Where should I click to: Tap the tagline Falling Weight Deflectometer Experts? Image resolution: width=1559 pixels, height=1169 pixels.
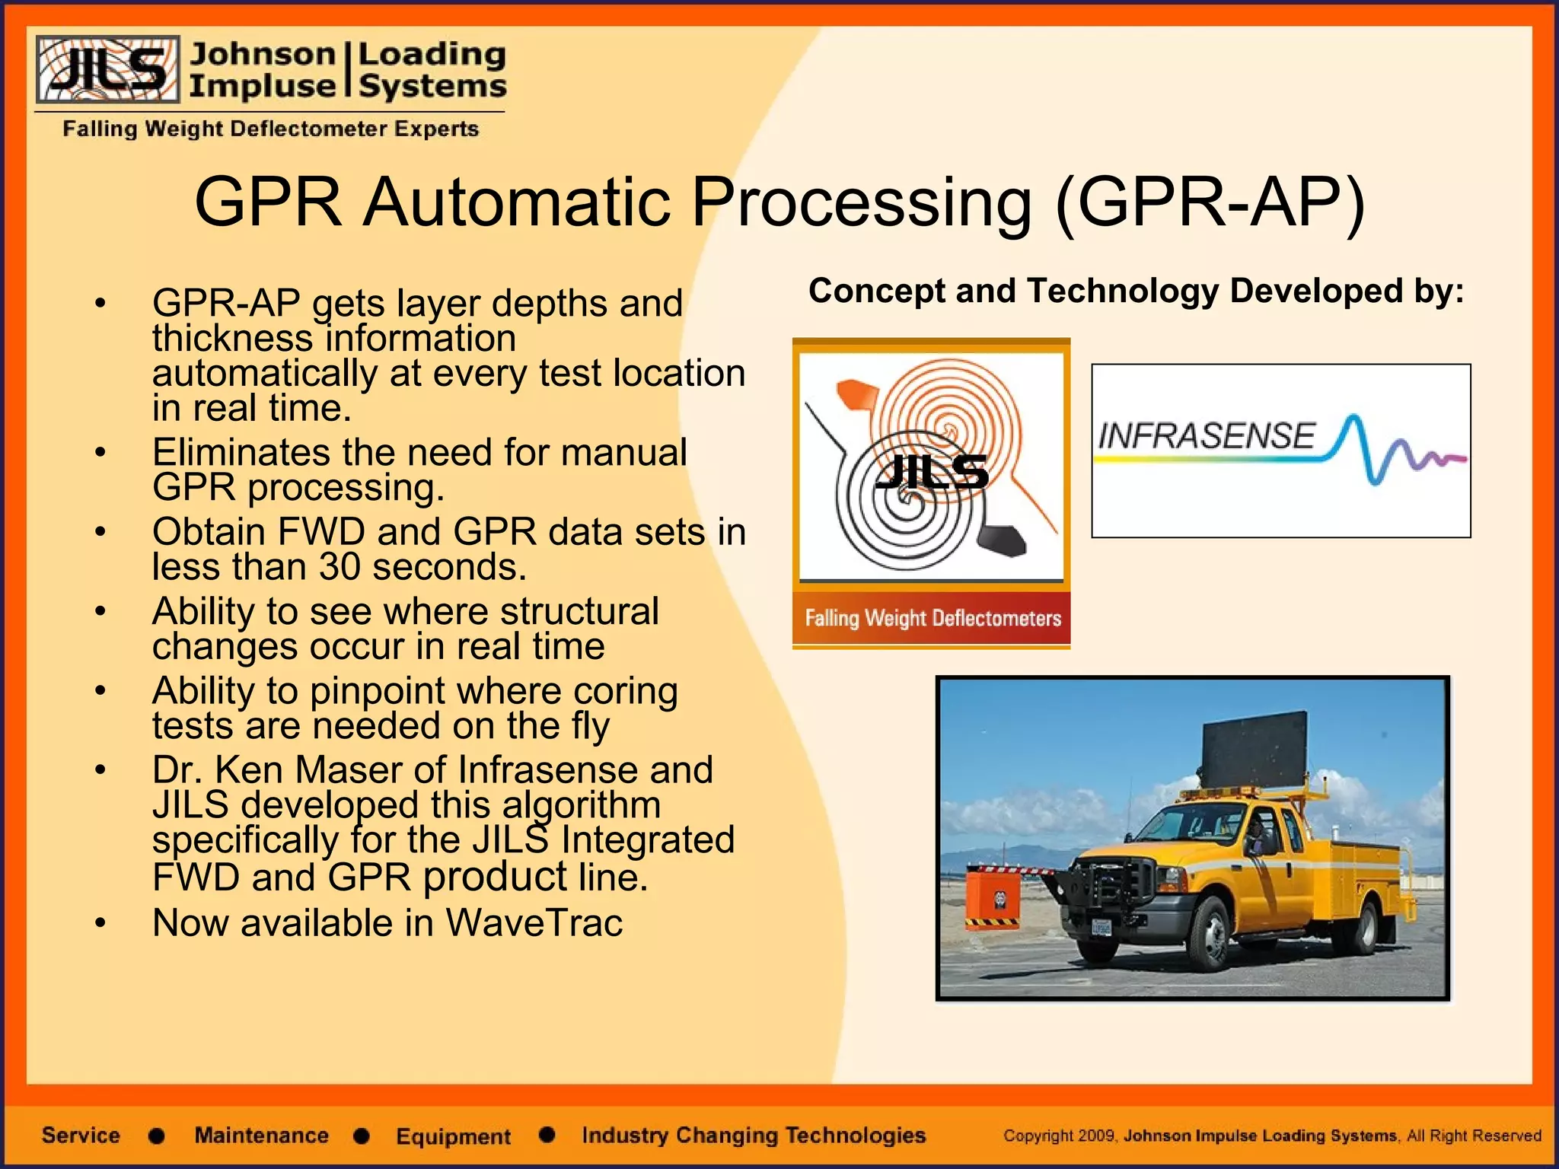(270, 129)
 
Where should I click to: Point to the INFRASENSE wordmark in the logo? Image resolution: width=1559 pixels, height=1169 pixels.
(1207, 436)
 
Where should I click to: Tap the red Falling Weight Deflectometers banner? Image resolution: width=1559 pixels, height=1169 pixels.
(932, 618)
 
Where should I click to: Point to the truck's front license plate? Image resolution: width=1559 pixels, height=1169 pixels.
(1102, 927)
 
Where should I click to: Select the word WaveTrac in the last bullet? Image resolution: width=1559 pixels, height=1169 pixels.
(534, 923)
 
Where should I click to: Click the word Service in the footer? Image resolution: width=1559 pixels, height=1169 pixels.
(81, 1135)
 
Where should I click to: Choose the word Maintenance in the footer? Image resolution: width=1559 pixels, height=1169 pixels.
(261, 1135)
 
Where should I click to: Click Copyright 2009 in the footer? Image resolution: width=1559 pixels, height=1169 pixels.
(1058, 1136)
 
